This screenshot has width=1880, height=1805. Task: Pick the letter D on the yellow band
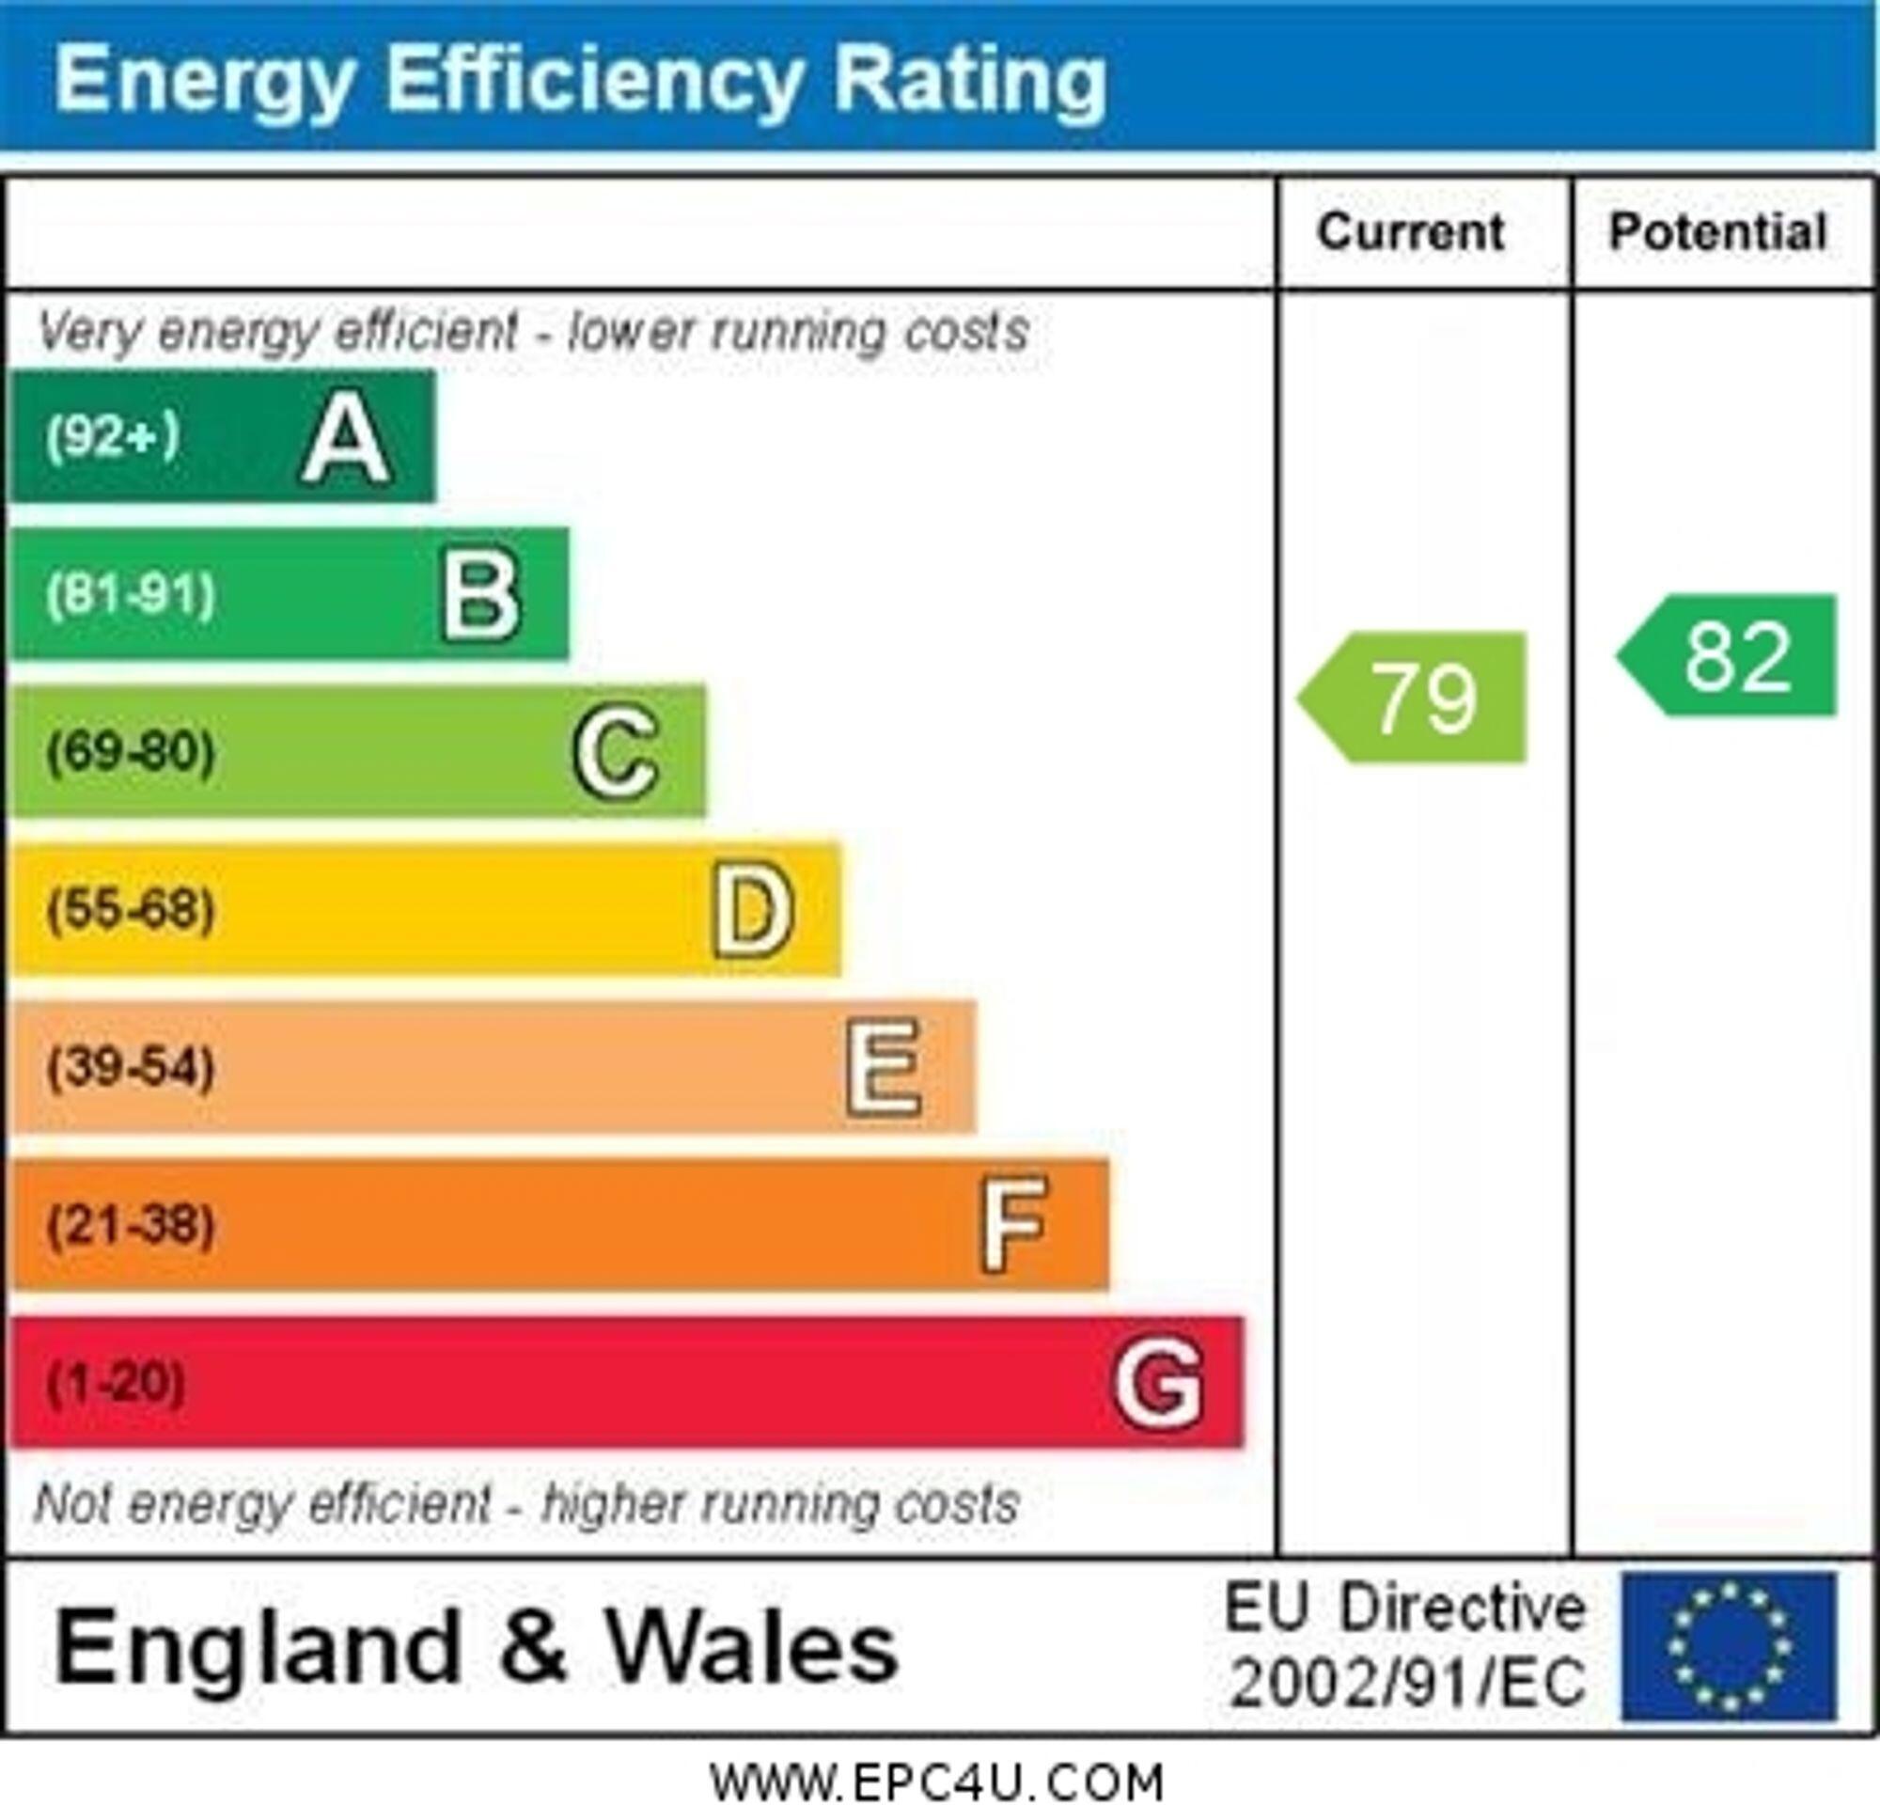752,910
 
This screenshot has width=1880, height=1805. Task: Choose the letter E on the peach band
884,1067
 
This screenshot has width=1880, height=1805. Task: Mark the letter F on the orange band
1013,1225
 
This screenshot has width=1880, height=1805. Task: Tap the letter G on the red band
1158,1383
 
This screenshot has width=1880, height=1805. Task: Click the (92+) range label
113,437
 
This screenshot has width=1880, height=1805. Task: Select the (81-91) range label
131,596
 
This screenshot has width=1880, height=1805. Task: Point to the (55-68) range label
131,910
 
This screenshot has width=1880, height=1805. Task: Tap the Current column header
1411,232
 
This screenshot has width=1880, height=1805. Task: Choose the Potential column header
1718,232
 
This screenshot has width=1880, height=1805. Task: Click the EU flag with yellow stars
1730,1647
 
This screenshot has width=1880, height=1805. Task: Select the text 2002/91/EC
1408,1684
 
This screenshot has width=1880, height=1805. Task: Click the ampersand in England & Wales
533,1647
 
